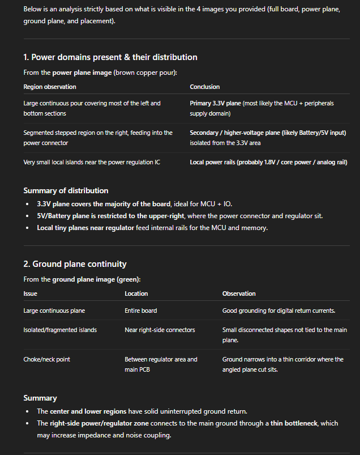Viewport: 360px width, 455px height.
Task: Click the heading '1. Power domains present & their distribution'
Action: click(110, 57)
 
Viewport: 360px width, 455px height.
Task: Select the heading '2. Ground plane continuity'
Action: click(75, 264)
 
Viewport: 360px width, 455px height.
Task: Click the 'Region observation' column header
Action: click(50, 87)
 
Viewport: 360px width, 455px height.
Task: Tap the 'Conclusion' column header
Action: click(205, 87)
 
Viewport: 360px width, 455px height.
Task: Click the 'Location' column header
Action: click(136, 294)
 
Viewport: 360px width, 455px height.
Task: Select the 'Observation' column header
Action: click(239, 294)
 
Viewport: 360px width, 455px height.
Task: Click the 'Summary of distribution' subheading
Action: click(66, 190)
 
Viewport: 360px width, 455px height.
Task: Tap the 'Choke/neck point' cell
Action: click(46, 359)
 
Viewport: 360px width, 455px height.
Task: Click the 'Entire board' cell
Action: click(141, 311)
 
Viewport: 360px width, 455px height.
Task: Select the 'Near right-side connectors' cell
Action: click(159, 330)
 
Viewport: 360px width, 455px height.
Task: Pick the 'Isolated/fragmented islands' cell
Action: click(60, 330)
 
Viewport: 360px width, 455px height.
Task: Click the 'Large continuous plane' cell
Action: click(54, 311)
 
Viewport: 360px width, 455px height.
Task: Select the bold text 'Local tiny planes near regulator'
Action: click(85, 228)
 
